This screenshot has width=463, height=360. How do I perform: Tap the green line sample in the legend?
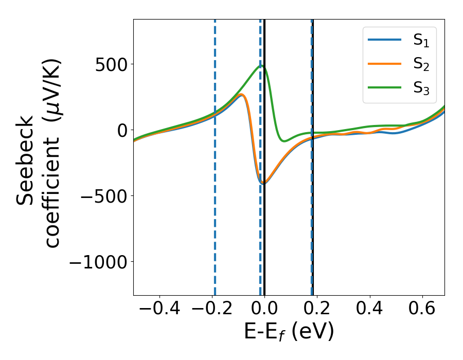coord(384,87)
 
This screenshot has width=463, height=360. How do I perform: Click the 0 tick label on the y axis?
coord(121,130)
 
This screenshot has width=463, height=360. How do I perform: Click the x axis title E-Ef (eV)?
coord(289,332)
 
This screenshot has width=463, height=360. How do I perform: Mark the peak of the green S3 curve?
coord(260,65)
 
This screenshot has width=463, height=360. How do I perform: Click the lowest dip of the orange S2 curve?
coord(263,183)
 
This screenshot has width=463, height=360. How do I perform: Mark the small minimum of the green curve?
coord(284,140)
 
